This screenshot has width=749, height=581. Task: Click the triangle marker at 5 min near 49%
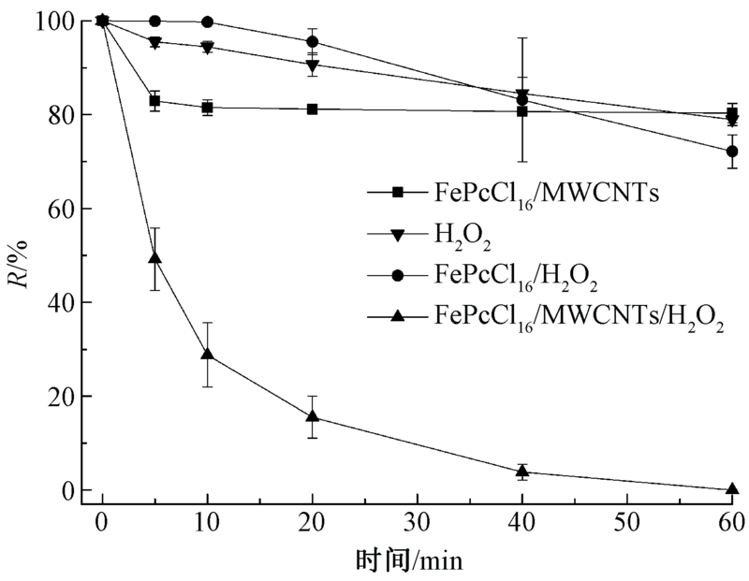coord(155,257)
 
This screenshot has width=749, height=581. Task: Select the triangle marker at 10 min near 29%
coord(207,354)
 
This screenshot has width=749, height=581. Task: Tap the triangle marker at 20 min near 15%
coord(312,415)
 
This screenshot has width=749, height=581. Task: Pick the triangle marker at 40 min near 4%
coord(522,471)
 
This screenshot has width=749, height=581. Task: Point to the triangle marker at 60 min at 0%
coord(732,488)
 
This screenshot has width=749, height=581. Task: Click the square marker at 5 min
coord(154,100)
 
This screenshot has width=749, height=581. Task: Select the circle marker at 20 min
coord(312,42)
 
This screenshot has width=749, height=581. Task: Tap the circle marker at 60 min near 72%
coord(732,151)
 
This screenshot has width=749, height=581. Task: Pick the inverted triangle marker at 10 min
coord(207,47)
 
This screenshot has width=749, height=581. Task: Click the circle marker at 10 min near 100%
coord(207,22)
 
